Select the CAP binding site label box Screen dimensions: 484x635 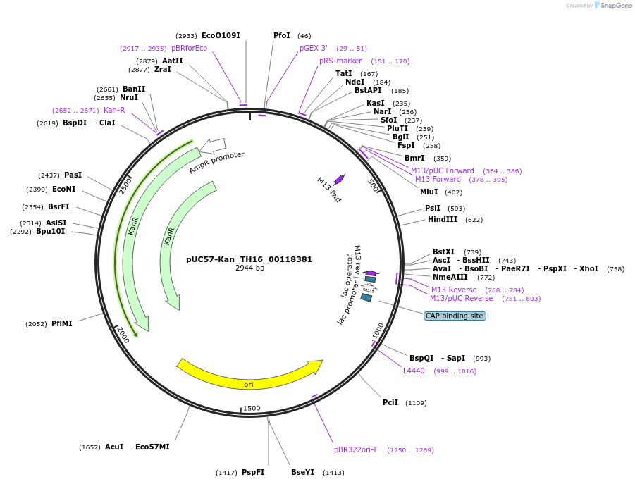pyautogui.click(x=455, y=316)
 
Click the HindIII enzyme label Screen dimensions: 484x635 pyautogui.click(x=442, y=219)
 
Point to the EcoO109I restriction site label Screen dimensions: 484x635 pyautogui.click(x=221, y=35)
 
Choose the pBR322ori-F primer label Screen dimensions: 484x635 pyautogui.click(x=356, y=449)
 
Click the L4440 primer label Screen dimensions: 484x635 pyautogui.click(x=414, y=371)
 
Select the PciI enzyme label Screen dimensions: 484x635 pyautogui.click(x=390, y=402)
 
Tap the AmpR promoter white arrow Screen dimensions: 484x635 pyautogui.click(x=212, y=146)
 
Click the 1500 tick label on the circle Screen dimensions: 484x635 pyautogui.click(x=252, y=408)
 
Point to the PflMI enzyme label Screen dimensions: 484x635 pyautogui.click(x=61, y=323)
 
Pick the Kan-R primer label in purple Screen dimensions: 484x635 pyautogui.click(x=114, y=110)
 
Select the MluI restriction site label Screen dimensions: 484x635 pyautogui.click(x=429, y=192)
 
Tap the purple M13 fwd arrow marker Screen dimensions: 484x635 pyautogui.click(x=339, y=179)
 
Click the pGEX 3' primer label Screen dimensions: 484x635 pyautogui.click(x=314, y=48)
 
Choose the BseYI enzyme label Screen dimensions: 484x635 pyautogui.click(x=302, y=472)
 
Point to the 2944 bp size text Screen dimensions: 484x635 pyautogui.click(x=249, y=268)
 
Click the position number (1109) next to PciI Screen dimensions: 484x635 pyautogui.click(x=416, y=403)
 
